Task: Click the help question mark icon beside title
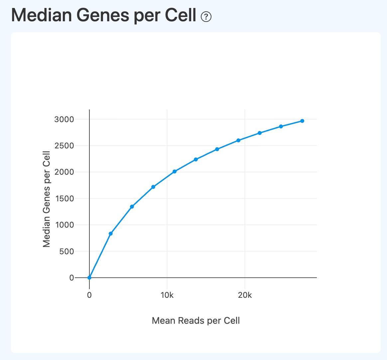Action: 206,16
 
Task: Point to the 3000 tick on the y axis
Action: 64,119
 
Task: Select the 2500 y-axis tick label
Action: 64,146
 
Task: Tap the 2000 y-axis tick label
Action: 64,172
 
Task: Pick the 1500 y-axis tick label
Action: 64,198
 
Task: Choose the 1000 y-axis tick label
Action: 64,225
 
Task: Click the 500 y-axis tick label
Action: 67,251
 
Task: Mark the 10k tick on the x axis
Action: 167,295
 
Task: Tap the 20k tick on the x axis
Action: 245,295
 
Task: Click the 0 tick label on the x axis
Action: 89,295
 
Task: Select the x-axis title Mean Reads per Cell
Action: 195,320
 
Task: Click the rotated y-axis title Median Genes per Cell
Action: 47,199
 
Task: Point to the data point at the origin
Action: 89,277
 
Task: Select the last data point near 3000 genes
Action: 302,121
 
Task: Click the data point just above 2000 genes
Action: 174,171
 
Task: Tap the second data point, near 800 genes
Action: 111,234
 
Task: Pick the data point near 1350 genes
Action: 132,207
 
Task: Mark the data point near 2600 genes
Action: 238,140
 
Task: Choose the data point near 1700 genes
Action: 153,187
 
